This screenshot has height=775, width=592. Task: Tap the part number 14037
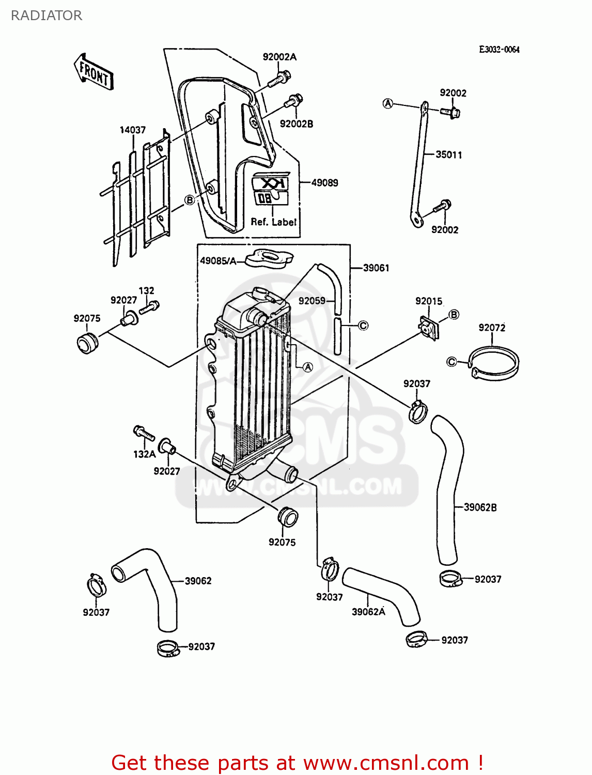point(133,130)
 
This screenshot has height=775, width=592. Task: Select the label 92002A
point(279,57)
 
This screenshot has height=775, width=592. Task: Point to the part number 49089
point(325,182)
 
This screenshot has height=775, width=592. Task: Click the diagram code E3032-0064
point(499,50)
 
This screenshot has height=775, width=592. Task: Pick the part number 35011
point(449,154)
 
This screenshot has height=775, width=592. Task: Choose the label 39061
point(376,268)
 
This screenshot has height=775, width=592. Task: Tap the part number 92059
point(312,300)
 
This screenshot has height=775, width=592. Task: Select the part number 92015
point(429,301)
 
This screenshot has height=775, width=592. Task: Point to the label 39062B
point(480,507)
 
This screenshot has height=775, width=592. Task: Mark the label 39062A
point(368,612)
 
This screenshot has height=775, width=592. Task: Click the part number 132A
point(144,454)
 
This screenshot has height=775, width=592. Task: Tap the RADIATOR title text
point(46,16)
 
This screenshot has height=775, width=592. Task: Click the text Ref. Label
point(274,222)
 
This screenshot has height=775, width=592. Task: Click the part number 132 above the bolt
point(146,291)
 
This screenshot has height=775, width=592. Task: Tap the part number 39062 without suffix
point(198,581)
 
